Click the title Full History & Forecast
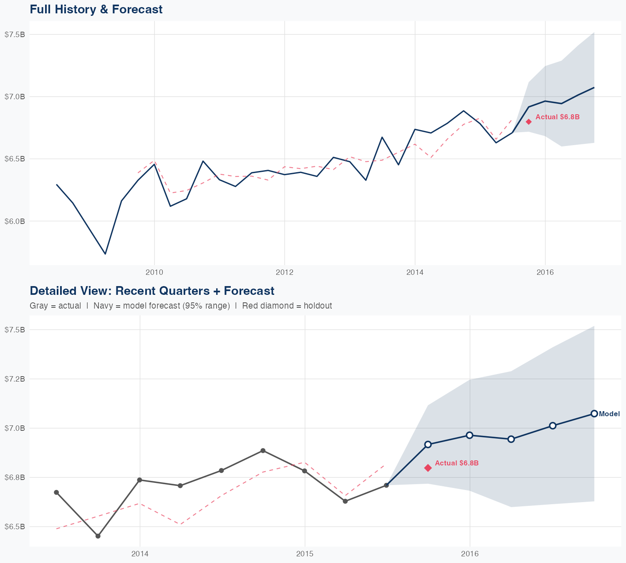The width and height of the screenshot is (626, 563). point(96,9)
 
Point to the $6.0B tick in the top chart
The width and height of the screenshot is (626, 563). point(15,221)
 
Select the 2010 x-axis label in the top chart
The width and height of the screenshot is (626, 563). point(154,272)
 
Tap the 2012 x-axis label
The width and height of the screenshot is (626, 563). point(285,272)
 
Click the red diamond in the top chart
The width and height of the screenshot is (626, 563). point(528,122)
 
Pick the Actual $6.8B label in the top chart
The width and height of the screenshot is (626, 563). point(558,117)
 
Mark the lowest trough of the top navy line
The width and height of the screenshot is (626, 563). point(105,254)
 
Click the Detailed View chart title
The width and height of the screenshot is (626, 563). point(152,291)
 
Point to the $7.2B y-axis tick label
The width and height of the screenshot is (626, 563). point(15,379)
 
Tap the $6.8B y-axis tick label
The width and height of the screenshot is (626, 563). point(15,478)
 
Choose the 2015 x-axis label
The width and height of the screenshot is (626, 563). point(305,554)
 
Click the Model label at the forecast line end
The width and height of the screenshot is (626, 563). point(609,414)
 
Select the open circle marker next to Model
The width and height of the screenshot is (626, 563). point(594,414)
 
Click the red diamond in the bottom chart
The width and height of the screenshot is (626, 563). point(428,468)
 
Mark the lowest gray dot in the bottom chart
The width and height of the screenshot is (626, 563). point(98,536)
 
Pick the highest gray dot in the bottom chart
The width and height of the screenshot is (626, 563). point(263,451)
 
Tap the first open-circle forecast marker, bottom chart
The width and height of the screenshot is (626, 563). point(428,445)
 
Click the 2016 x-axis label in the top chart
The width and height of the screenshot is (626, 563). point(545,272)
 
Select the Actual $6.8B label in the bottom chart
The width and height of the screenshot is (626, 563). point(457,463)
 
